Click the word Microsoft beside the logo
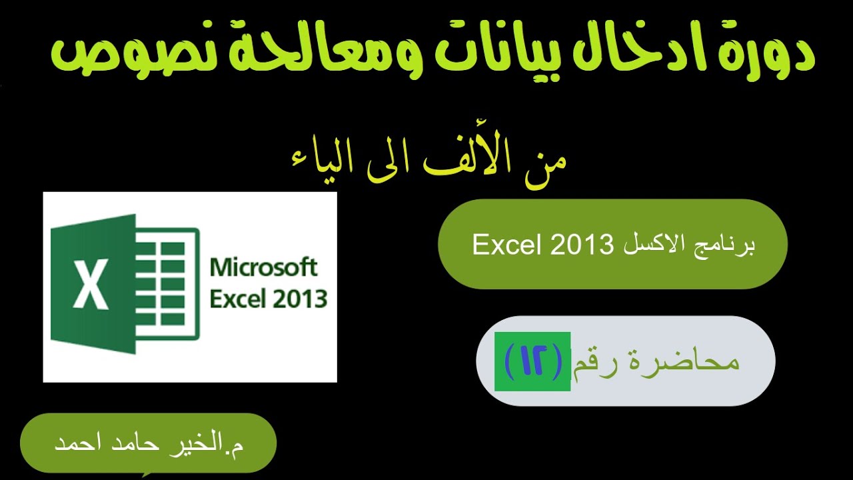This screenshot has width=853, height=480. (x=264, y=268)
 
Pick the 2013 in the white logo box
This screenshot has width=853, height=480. (x=299, y=299)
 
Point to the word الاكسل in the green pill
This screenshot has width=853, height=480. (x=653, y=245)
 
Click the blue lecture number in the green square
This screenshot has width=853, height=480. (x=532, y=362)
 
